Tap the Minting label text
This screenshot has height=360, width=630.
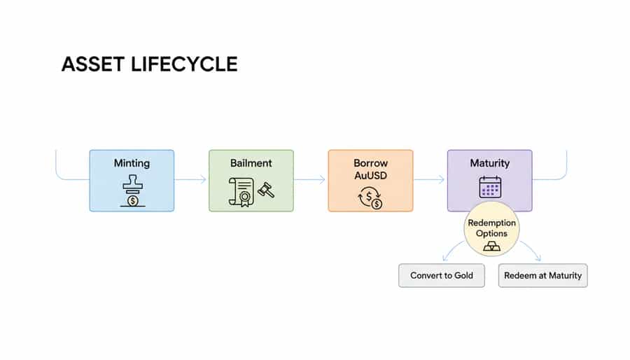coord(132,163)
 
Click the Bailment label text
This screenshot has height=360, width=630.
coord(251,163)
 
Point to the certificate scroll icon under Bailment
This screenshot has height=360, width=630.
coord(241,191)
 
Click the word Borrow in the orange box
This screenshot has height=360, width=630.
coord(370,163)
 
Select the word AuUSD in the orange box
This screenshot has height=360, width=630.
coord(370,175)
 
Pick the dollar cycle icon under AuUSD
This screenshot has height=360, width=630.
coord(370,198)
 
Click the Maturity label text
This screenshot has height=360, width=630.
coord(489,163)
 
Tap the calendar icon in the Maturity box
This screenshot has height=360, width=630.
coord(489,187)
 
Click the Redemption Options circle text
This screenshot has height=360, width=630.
coord(491,228)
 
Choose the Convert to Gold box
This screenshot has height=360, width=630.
coord(442,275)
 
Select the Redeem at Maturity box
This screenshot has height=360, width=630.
coord(542,275)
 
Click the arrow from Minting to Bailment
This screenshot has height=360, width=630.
coord(191,180)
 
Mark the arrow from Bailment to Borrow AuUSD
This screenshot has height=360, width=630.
coord(310,180)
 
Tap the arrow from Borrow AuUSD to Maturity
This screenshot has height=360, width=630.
coord(429,180)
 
